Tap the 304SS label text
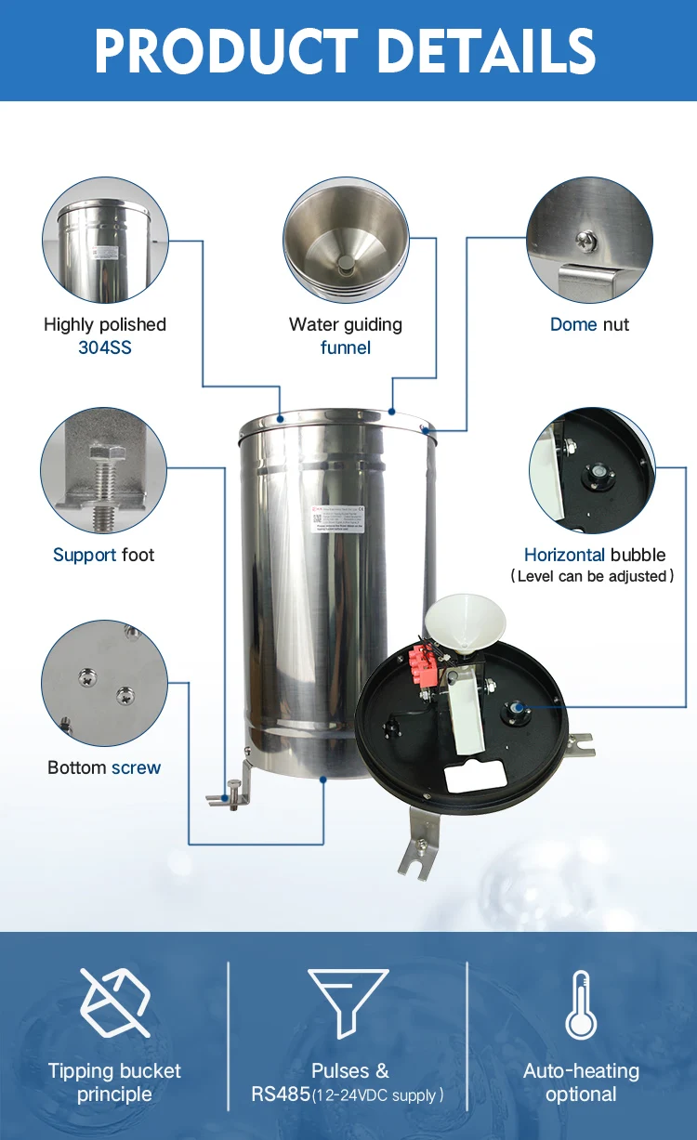point(105,348)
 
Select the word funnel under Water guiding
point(346,348)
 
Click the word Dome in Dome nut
point(573,325)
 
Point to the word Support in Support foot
point(85,556)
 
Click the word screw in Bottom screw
point(136,768)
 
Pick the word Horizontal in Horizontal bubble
point(564,556)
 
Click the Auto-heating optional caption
point(581,1082)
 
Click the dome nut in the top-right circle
point(586,241)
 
